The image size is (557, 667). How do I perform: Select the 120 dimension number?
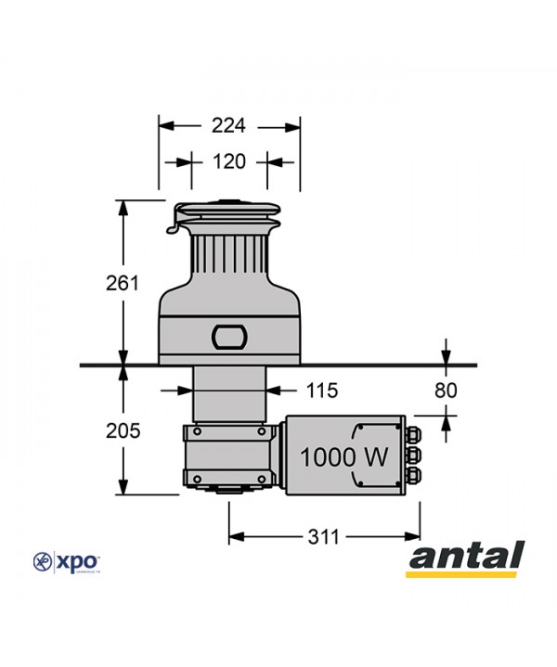point(228,161)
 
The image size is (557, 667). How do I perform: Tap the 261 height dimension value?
point(122,283)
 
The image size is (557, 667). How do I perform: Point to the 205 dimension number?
point(122,430)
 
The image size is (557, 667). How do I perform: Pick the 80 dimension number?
point(447,391)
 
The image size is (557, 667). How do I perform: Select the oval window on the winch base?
point(228,336)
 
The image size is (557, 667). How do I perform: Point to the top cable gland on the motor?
point(413,434)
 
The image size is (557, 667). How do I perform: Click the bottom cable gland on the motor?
point(413,476)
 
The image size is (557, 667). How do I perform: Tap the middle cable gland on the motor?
point(413,455)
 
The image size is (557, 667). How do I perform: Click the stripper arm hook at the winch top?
point(175,224)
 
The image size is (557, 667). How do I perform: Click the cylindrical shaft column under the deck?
point(228,394)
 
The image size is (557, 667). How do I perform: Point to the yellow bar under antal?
point(465,573)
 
